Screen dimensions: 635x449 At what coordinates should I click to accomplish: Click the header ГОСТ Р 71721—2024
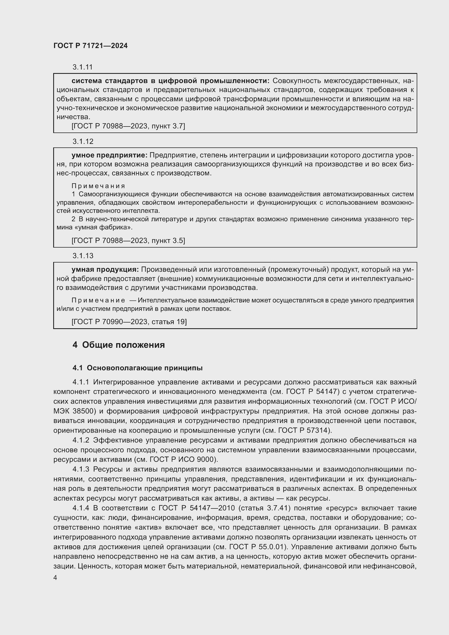(90, 46)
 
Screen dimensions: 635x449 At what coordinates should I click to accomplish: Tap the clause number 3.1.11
(83, 67)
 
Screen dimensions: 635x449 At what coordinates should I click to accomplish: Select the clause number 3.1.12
(83, 142)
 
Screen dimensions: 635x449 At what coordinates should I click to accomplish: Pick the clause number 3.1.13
(83, 256)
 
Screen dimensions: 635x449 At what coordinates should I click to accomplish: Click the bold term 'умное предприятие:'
(109, 155)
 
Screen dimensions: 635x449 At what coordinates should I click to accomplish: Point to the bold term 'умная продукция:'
(105, 269)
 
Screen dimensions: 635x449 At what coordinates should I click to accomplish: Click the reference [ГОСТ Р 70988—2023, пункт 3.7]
(128, 126)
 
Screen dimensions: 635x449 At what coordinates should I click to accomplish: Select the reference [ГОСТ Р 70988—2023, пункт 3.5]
(128, 240)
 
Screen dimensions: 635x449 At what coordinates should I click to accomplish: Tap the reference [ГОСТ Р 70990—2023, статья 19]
(129, 322)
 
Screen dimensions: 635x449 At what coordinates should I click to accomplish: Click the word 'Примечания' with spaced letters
(99, 186)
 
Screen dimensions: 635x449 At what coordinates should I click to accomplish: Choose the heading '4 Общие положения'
(119, 345)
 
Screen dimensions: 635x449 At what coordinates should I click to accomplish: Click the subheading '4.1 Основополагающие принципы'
(137, 368)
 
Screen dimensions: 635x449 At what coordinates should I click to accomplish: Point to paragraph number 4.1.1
(81, 382)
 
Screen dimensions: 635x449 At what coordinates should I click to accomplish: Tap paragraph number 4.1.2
(81, 440)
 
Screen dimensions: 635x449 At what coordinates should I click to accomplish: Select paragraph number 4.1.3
(81, 469)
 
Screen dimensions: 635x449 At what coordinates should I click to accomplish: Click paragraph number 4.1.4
(81, 508)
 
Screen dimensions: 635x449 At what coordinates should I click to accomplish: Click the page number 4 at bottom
(55, 578)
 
